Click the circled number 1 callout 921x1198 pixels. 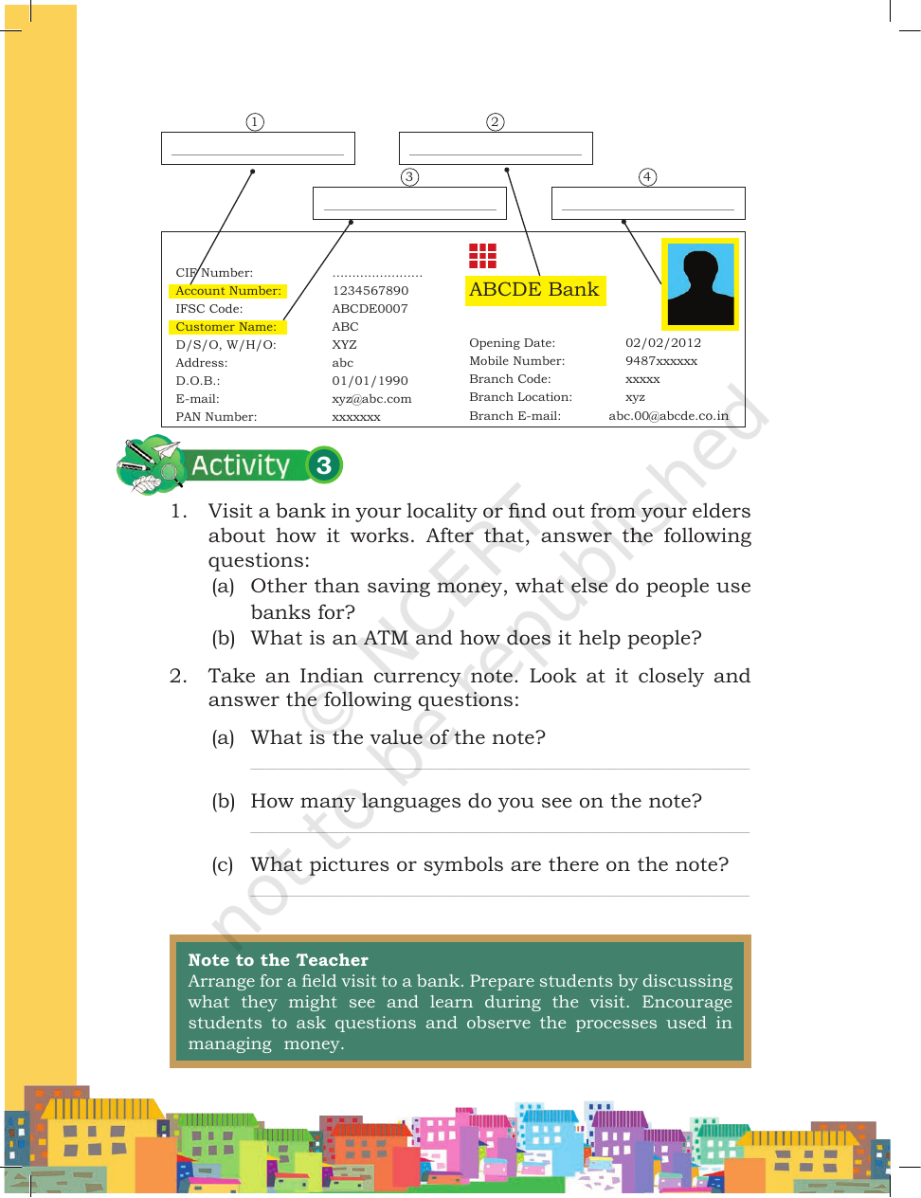pyautogui.click(x=254, y=122)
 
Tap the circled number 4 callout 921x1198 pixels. pyautogui.click(x=647, y=177)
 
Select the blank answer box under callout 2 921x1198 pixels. pyautogui.click(x=496, y=148)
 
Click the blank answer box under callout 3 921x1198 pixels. pyautogui.click(x=409, y=204)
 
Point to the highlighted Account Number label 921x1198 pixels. pyautogui.click(x=227, y=291)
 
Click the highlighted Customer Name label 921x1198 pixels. pyautogui.click(x=227, y=327)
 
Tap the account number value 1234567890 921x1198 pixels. pyautogui.click(x=370, y=291)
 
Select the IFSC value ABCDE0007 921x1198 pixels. pyautogui.click(x=370, y=309)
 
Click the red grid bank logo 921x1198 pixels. pyautogui.click(x=483, y=256)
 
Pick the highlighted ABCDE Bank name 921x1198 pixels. pyautogui.click(x=535, y=290)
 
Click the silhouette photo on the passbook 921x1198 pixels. pyautogui.click(x=700, y=284)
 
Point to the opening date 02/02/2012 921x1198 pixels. pyautogui.click(x=663, y=343)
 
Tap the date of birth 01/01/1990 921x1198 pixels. pyautogui.click(x=370, y=381)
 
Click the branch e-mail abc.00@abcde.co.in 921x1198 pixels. pyautogui.click(x=669, y=416)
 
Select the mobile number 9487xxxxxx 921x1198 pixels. pyautogui.click(x=661, y=361)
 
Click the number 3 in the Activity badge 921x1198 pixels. pyautogui.click(x=324, y=465)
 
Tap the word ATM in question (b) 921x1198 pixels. pyautogui.click(x=386, y=638)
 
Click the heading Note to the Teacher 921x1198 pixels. pyautogui.click(x=278, y=960)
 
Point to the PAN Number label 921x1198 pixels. pyautogui.click(x=216, y=417)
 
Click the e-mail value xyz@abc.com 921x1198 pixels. pyautogui.click(x=371, y=399)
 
